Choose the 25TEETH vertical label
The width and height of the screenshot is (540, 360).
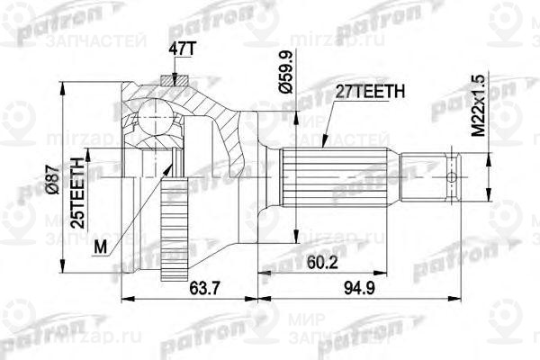click(x=78, y=191)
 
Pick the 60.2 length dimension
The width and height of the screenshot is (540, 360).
click(x=312, y=264)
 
